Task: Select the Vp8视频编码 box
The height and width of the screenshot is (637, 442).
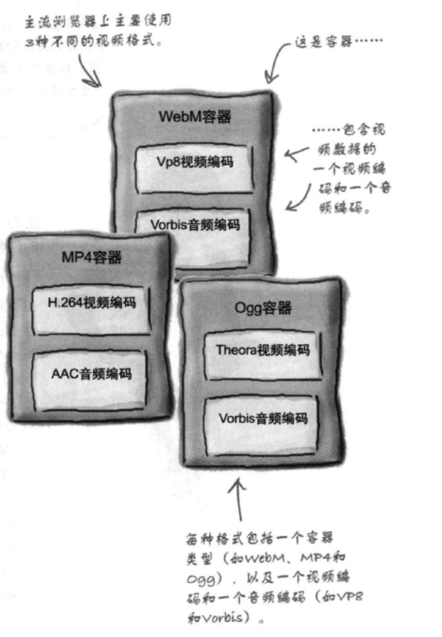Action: (x=195, y=163)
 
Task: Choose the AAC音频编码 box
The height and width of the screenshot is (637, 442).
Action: (x=92, y=373)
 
